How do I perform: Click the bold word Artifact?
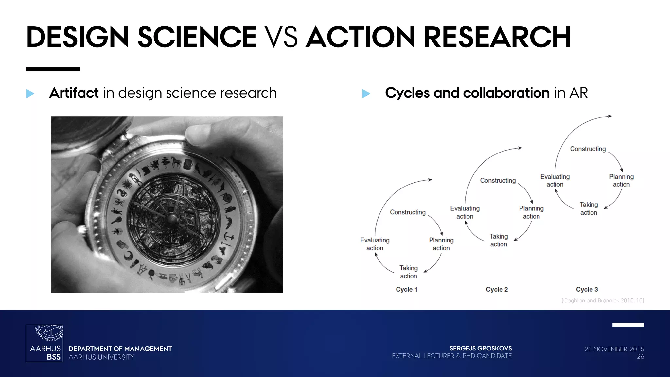pyautogui.click(x=74, y=93)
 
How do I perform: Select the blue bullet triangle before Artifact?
pyautogui.click(x=30, y=94)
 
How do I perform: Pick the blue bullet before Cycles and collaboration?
pyautogui.click(x=366, y=94)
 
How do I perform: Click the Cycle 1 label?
pyautogui.click(x=406, y=289)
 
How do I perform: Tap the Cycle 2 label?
pyautogui.click(x=497, y=289)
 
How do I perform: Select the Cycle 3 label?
pyautogui.click(x=587, y=289)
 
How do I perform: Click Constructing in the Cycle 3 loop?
pyautogui.click(x=588, y=149)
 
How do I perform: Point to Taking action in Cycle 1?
pyautogui.click(x=409, y=272)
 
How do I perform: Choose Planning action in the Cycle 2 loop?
pyautogui.click(x=531, y=212)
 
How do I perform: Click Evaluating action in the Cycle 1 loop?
pyautogui.click(x=375, y=244)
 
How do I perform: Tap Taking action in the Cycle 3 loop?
pyautogui.click(x=589, y=208)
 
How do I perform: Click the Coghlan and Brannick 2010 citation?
pyautogui.click(x=603, y=300)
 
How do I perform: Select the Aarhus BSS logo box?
pyautogui.click(x=44, y=343)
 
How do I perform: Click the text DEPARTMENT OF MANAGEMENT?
pyautogui.click(x=120, y=349)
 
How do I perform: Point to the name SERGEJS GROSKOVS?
pyautogui.click(x=481, y=349)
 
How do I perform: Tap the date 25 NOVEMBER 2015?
pyautogui.click(x=614, y=349)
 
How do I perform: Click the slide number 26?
pyautogui.click(x=640, y=357)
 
